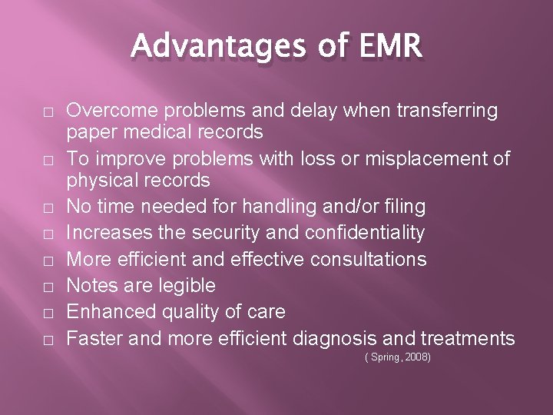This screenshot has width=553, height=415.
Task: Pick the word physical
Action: click(x=99, y=181)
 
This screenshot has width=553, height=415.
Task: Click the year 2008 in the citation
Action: click(x=417, y=357)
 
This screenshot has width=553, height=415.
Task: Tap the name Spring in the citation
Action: click(x=386, y=357)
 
